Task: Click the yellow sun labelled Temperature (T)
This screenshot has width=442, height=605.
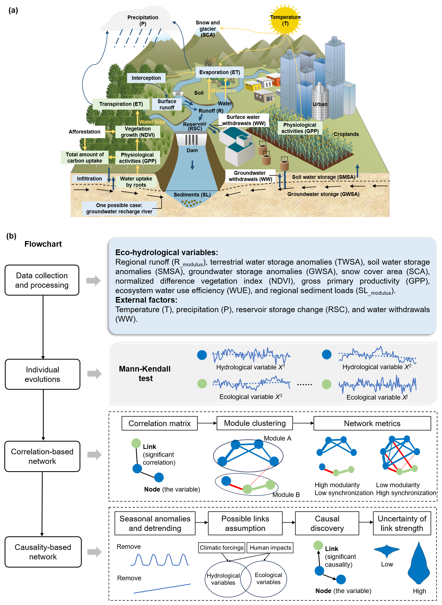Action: point(285,20)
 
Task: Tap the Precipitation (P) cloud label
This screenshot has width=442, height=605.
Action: point(143,20)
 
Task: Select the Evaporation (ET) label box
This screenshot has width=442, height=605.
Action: point(219,72)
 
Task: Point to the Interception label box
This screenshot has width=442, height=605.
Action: point(146,78)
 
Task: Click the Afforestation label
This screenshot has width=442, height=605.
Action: point(84,132)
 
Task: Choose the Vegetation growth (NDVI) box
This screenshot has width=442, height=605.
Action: point(138,132)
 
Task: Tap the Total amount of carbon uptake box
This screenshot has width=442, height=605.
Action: point(85,157)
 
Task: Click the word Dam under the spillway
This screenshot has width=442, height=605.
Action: point(192,150)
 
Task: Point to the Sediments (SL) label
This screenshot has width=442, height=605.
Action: point(192,195)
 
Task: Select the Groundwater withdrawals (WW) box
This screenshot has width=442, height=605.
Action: point(250,176)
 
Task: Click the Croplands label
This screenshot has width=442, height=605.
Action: point(346,134)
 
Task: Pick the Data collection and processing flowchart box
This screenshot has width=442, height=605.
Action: point(42,280)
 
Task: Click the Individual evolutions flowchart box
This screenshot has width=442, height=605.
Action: point(42,374)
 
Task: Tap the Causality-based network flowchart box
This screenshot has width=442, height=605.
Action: point(43,552)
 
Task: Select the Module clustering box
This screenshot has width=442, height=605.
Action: point(255,423)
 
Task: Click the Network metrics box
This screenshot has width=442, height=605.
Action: point(372,423)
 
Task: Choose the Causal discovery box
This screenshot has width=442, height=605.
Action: point(327,523)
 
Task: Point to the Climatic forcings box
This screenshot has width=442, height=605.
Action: point(222,548)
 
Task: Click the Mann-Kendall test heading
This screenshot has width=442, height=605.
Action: point(145,373)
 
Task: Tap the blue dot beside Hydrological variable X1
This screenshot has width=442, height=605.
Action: point(202,355)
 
